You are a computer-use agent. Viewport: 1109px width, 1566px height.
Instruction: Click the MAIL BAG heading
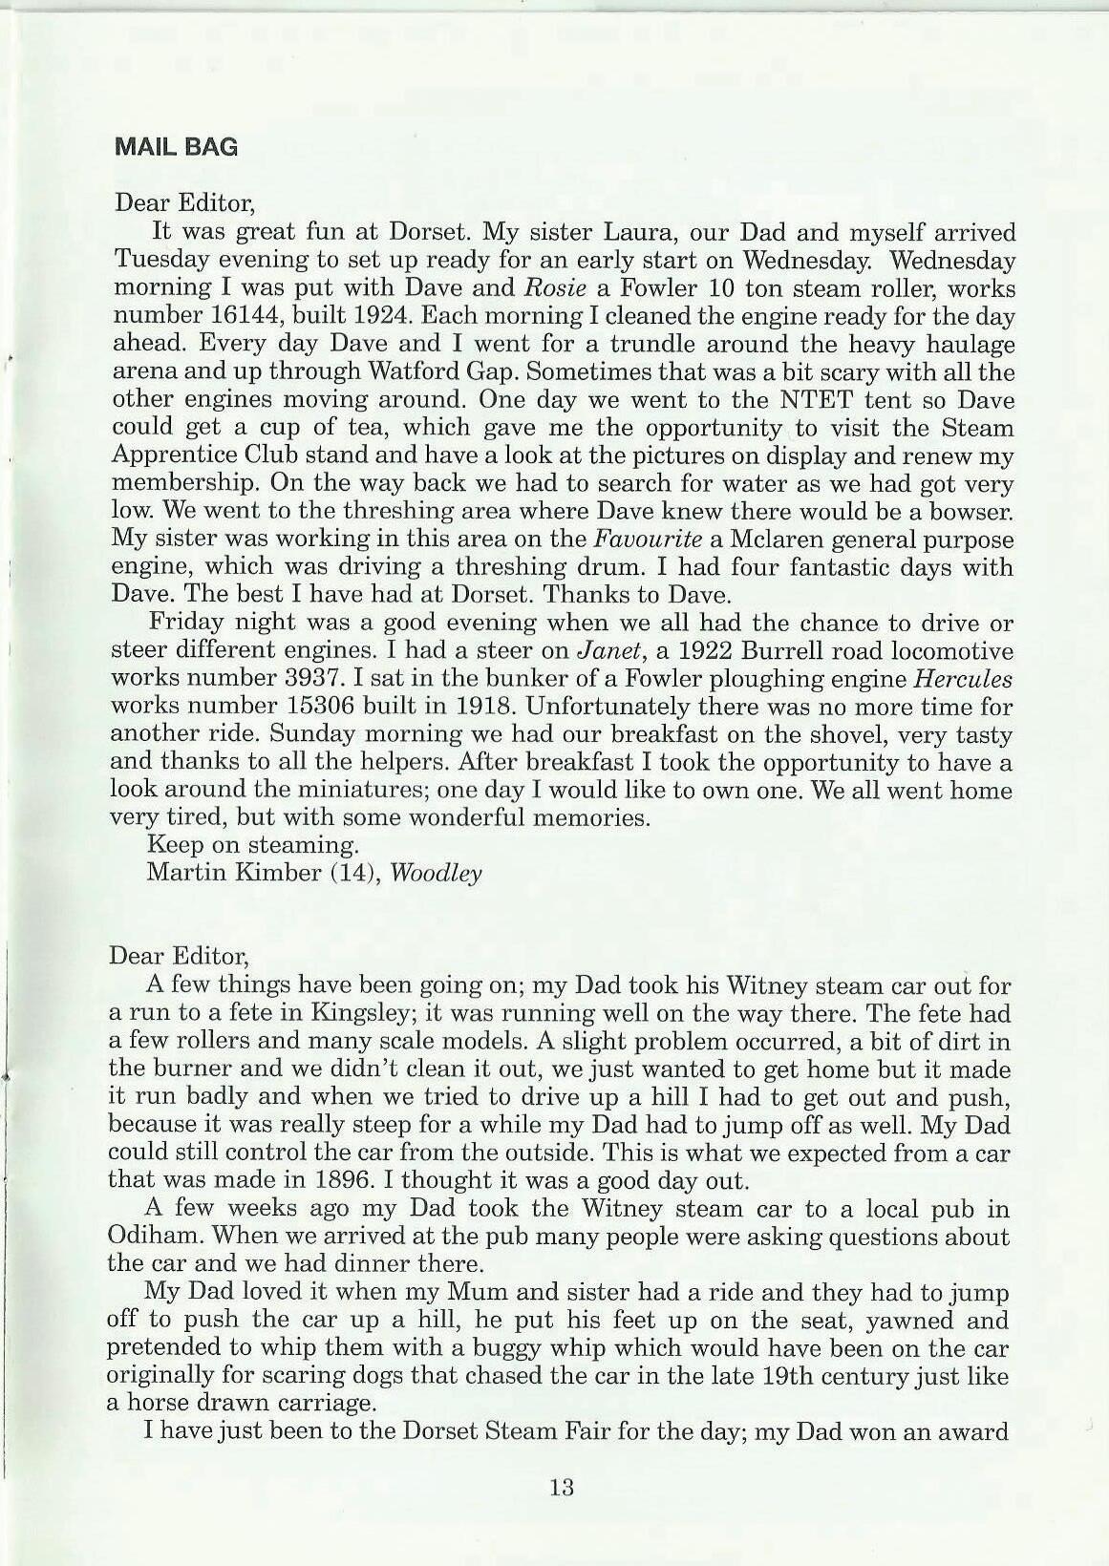pyautogui.click(x=176, y=147)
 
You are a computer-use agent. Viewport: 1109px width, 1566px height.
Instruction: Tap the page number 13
pyautogui.click(x=561, y=1487)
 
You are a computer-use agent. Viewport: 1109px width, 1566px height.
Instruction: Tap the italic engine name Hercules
pyautogui.click(x=963, y=679)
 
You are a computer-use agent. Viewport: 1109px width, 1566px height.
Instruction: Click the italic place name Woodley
pyautogui.click(x=437, y=874)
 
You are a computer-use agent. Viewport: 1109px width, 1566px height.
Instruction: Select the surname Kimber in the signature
pyautogui.click(x=270, y=874)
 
